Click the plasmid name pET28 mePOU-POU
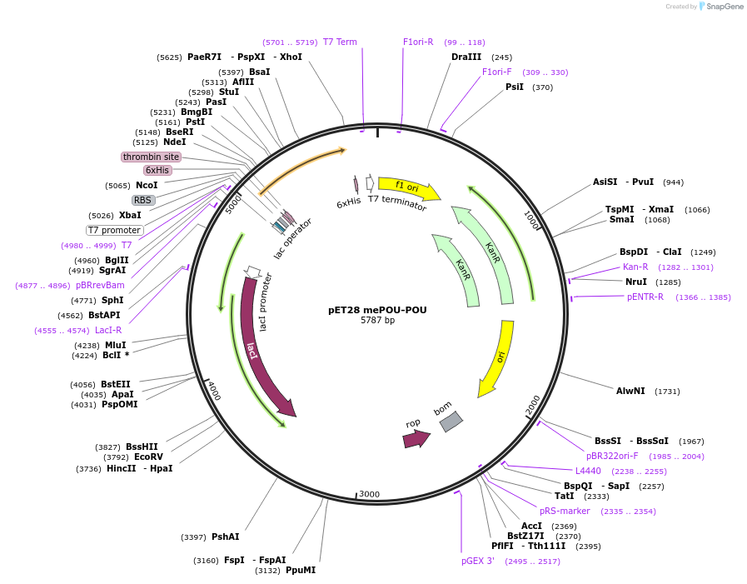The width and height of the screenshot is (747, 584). (377, 310)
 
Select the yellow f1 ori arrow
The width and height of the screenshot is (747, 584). (408, 187)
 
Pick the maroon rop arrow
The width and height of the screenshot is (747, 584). (416, 438)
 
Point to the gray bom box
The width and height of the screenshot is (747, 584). (451, 422)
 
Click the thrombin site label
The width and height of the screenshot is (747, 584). (151, 157)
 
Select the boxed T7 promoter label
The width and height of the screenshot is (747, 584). (115, 230)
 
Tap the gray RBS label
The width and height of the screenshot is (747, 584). (143, 200)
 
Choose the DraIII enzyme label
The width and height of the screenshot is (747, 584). (466, 57)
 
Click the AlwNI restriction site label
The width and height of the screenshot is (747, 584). (630, 391)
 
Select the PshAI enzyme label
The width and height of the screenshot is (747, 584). (225, 537)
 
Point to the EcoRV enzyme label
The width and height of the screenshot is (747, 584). (148, 457)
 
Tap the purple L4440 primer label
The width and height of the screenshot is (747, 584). (588, 471)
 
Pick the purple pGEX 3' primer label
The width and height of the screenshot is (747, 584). (478, 561)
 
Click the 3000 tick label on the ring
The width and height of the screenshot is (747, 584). (369, 494)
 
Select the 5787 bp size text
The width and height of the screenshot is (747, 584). (377, 321)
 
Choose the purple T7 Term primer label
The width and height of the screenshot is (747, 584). (340, 42)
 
